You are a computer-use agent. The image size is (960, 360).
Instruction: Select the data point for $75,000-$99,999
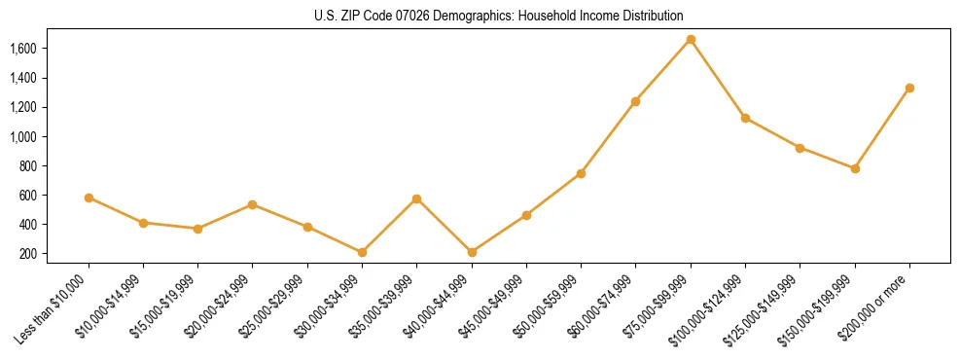click(x=691, y=40)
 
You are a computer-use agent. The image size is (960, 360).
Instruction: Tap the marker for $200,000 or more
click(x=909, y=88)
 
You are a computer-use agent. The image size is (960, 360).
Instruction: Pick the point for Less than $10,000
click(x=89, y=198)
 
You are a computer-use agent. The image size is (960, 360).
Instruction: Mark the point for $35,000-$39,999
click(x=417, y=198)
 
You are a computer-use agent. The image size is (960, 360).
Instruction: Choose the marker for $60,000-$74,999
click(x=636, y=101)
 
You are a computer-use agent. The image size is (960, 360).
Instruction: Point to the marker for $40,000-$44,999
click(x=472, y=252)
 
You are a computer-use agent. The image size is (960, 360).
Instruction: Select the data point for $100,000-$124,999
click(x=745, y=118)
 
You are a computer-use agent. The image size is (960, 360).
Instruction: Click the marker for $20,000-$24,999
click(x=253, y=204)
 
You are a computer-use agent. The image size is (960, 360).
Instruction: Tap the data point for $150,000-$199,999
click(x=855, y=168)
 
